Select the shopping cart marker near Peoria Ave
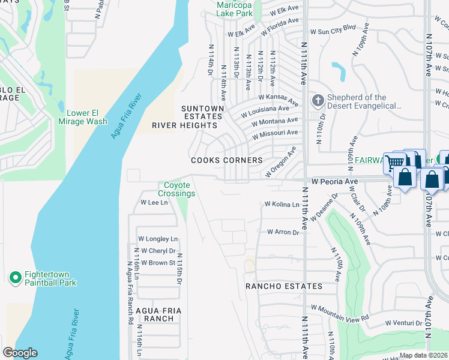click(x=395, y=162)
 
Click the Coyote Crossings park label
click(x=176, y=190)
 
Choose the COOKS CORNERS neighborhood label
click(x=226, y=160)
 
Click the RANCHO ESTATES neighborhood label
click(x=284, y=286)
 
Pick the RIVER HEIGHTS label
click(x=184, y=125)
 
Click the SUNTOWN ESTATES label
click(x=203, y=113)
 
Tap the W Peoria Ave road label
click(x=334, y=181)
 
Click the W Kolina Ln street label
click(x=282, y=205)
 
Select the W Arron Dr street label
click(x=283, y=232)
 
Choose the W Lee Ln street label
click(x=154, y=203)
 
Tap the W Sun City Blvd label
click(x=333, y=28)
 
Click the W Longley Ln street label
click(x=158, y=239)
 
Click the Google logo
click(x=20, y=353)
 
